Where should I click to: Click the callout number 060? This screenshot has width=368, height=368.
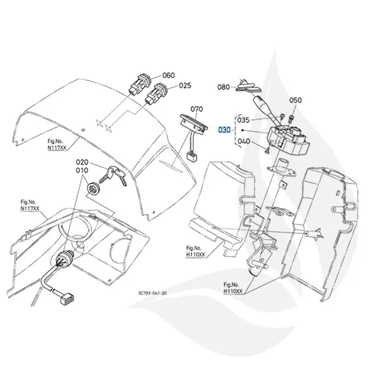pyautogui.click(x=169, y=75)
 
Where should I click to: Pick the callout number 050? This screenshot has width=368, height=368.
pyautogui.click(x=295, y=99)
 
